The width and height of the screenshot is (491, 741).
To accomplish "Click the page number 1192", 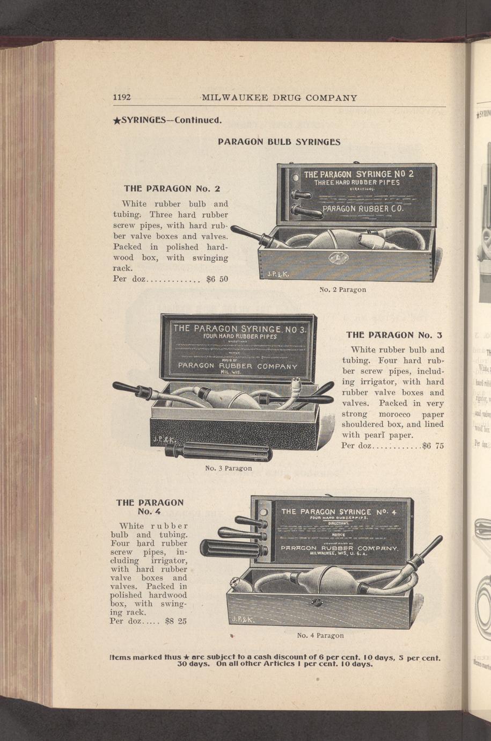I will click(x=122, y=98).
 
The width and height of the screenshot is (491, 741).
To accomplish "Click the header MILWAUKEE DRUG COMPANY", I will click(x=280, y=98).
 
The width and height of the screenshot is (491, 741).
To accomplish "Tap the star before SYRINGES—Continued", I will click(x=116, y=120).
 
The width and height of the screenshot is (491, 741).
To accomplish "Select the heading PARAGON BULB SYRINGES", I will click(x=279, y=142).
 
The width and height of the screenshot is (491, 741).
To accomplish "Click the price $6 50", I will click(x=217, y=279).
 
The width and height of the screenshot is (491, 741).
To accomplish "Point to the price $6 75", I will click(x=433, y=446).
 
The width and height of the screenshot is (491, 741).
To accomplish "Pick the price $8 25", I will click(x=176, y=621).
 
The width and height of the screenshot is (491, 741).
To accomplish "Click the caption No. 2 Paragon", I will click(x=342, y=289).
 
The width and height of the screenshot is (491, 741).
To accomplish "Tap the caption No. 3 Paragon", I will click(x=229, y=468).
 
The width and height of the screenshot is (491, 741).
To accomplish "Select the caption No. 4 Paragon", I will click(x=320, y=635).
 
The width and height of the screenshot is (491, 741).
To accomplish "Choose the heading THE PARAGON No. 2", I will click(x=172, y=188).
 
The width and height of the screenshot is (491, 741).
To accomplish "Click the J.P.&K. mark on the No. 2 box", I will click(x=279, y=274).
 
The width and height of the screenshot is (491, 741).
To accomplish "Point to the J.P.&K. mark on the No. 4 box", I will click(x=244, y=620).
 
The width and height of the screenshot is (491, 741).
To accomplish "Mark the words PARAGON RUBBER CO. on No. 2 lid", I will click(x=363, y=208).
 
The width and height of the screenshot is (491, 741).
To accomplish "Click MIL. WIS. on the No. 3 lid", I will click(x=231, y=372).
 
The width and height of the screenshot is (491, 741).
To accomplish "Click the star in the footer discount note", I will click(x=185, y=657).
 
